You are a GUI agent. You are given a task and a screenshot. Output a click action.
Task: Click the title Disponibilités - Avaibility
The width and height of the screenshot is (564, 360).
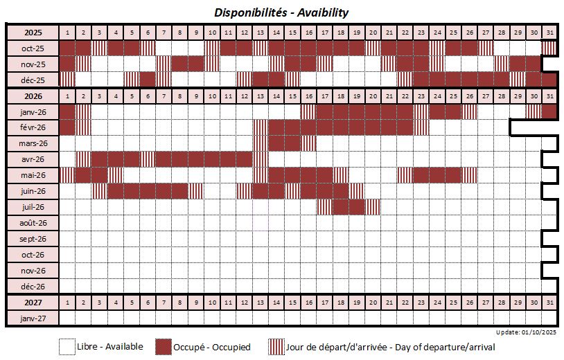[281, 12]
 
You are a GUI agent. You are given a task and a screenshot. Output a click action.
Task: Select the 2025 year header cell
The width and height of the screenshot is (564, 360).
[33, 33]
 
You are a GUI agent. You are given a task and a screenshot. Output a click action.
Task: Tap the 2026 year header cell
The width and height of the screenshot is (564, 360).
[33, 96]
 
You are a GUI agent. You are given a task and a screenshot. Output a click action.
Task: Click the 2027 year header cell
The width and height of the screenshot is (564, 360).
[33, 303]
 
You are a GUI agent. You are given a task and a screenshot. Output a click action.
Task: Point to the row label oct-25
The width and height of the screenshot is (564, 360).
[33, 48]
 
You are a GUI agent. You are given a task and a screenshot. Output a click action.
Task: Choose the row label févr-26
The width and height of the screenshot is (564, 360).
[33, 127]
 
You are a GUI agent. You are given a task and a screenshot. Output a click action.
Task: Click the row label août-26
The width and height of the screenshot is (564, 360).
[33, 223]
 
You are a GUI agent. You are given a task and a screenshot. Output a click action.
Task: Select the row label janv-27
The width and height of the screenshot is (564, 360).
[33, 318]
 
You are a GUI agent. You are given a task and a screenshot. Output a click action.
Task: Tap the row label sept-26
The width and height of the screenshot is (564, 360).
[33, 239]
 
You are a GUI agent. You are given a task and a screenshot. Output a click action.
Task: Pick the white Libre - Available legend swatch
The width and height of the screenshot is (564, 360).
[67, 346]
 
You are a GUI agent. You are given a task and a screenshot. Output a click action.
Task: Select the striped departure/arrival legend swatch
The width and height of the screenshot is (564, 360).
[276, 346]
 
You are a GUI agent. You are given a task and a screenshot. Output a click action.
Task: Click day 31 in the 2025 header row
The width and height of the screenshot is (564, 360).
[550, 33]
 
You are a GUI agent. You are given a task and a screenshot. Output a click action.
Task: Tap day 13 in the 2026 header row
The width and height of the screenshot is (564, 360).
[261, 96]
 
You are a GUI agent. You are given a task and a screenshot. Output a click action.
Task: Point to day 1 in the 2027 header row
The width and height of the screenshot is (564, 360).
[67, 303]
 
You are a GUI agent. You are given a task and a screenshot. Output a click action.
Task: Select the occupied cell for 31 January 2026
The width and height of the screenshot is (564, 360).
[550, 111]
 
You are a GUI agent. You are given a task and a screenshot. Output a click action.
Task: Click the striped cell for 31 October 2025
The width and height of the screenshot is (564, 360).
[550, 48]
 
